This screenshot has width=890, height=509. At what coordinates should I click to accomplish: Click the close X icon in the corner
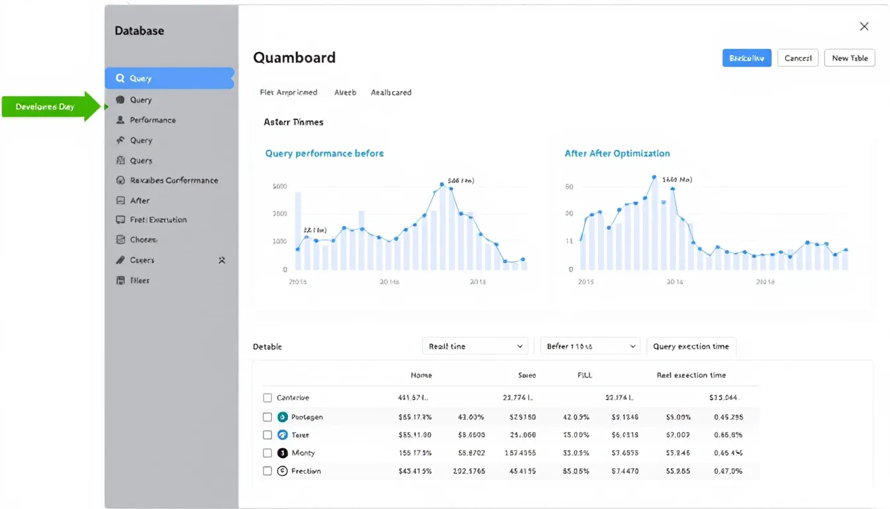864,27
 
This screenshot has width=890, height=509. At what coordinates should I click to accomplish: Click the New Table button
850,58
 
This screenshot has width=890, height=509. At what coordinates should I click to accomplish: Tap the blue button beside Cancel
746,58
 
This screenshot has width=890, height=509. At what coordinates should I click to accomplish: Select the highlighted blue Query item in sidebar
169,78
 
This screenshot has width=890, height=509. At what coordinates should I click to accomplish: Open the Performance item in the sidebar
152,120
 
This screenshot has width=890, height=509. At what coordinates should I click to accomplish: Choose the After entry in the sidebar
140,200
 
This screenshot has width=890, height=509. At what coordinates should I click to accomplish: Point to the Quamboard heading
294,58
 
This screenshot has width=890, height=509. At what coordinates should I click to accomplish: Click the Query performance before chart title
324,153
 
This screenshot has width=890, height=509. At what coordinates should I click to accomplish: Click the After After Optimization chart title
617,153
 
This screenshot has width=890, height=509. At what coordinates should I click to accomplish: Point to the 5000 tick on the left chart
279,186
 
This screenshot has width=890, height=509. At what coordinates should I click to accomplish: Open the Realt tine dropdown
475,346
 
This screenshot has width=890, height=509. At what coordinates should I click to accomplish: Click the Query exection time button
691,346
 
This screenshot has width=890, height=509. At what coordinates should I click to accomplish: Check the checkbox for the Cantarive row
268,398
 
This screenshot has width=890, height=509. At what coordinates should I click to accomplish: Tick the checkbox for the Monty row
268,453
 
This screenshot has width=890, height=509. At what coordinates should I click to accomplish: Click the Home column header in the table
421,375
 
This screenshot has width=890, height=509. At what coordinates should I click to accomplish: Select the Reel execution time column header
691,375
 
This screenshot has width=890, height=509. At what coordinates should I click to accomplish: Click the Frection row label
306,471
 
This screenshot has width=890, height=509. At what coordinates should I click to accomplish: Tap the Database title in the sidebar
139,30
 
